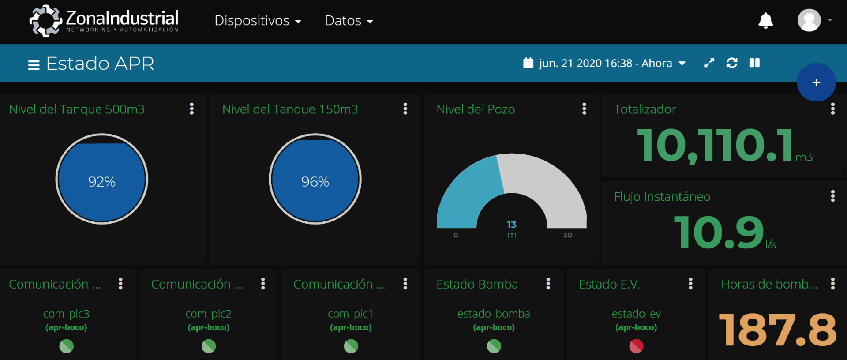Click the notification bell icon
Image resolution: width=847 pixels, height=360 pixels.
click(765, 21)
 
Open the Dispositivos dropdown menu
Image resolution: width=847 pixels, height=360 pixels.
click(258, 21)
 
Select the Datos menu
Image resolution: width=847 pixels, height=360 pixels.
click(349, 21)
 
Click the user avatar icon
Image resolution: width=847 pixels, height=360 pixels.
click(809, 20)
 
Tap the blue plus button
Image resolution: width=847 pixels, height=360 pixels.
click(816, 82)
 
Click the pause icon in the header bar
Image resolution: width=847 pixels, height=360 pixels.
click(754, 63)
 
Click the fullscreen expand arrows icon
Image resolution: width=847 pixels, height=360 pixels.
click(709, 63)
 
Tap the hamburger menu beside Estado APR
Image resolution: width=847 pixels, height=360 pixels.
click(34, 65)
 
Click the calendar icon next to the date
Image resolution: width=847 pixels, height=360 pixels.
click(528, 63)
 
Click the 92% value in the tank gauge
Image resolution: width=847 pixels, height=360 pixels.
click(101, 181)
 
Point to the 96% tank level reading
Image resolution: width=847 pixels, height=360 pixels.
click(315, 181)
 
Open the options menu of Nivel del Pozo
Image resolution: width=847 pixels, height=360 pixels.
click(584, 109)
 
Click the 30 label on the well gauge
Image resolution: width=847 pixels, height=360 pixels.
click(568, 235)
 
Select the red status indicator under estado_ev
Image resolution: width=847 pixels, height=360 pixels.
click(636, 346)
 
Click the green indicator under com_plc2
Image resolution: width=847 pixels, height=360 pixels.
click(209, 346)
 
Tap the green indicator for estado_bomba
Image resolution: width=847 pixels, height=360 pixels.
click(494, 346)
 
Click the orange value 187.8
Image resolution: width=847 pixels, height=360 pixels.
click(777, 330)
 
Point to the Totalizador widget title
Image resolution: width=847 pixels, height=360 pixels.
click(645, 109)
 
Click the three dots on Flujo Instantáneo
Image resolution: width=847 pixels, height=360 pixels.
click(832, 196)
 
